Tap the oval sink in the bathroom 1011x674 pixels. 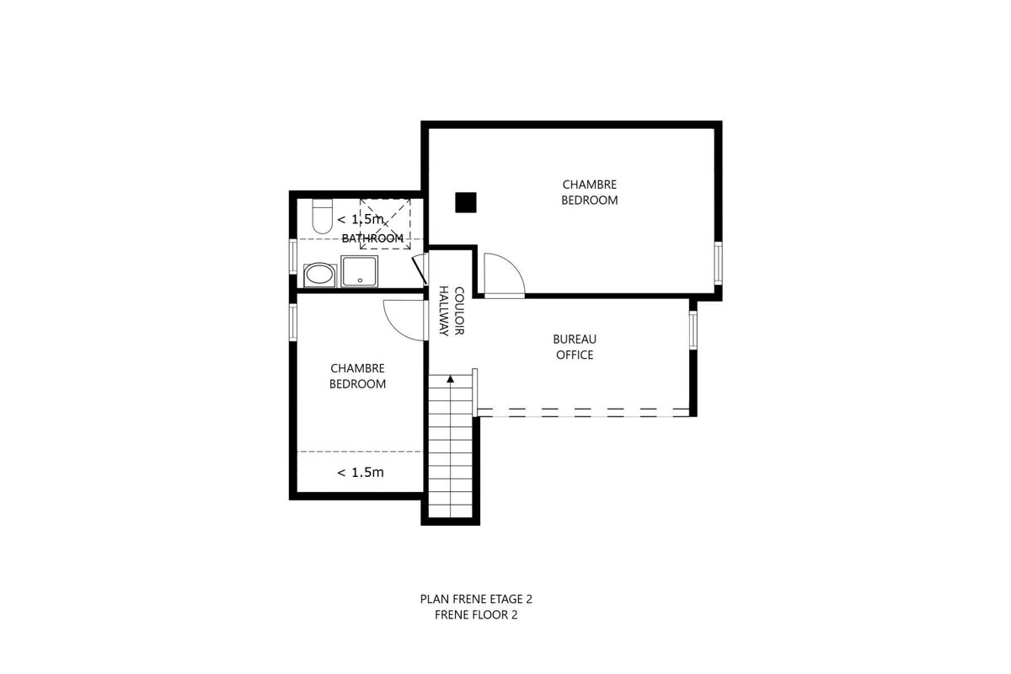coord(318,274)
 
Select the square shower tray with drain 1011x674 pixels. coord(361,272)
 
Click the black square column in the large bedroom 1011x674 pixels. coord(466,202)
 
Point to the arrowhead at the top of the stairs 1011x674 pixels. coord(452,379)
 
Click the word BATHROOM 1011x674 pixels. coord(372,238)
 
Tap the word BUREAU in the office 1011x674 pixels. coord(574,340)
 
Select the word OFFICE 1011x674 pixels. coord(574,355)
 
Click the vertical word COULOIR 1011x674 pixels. coord(460,312)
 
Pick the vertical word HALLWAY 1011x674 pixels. coord(444,312)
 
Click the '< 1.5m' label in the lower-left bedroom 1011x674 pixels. coord(361,473)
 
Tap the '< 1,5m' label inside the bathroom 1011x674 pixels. coord(361,220)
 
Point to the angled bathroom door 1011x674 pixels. coord(418,270)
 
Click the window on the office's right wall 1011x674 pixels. coord(693,330)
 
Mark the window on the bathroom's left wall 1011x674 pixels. coord(292,264)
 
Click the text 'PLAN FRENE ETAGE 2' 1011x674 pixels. coord(476,600)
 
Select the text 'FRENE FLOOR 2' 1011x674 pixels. coord(476,615)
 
